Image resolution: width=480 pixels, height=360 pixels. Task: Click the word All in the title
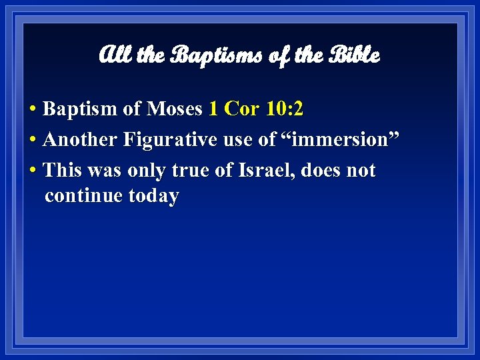(x=115, y=55)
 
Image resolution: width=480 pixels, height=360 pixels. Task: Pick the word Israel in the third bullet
(x=265, y=171)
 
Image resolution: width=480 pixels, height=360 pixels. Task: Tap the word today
(x=154, y=197)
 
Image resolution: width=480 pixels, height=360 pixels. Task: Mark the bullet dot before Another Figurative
(x=33, y=141)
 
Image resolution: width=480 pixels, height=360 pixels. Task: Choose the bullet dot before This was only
(x=33, y=171)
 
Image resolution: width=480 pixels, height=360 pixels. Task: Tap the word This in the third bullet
(x=62, y=171)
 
